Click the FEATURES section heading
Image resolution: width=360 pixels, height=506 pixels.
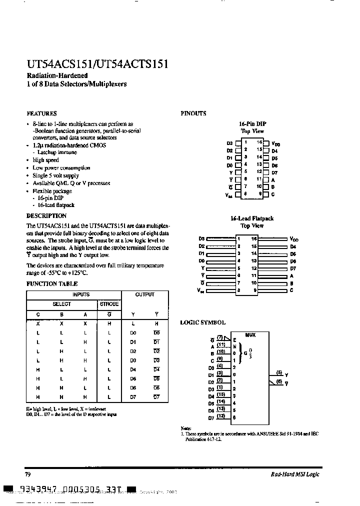41,113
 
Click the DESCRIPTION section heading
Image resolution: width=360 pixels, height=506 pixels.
46,216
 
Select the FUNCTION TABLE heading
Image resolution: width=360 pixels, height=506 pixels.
52,284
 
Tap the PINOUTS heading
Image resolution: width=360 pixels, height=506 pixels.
193,113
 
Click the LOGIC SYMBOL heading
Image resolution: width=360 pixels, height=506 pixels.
202,323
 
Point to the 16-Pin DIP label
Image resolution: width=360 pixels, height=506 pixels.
252,123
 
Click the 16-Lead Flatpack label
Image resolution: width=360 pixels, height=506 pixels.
252,218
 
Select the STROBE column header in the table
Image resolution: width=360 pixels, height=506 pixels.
109,304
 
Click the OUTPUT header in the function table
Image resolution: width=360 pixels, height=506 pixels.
145,295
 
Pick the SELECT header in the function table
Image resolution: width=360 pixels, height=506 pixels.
62,304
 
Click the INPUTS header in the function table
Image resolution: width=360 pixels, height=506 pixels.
81,295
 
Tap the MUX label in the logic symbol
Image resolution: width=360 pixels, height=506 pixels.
250,335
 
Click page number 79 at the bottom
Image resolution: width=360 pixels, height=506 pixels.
28,474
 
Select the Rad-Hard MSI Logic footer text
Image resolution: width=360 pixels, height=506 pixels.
295,474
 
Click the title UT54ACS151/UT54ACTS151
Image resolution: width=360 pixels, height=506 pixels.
97,64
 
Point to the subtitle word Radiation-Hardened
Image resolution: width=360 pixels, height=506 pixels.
56,75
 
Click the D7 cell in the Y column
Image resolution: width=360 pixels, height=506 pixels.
133,396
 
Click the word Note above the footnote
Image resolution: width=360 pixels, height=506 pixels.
186,428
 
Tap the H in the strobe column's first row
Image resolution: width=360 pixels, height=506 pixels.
109,324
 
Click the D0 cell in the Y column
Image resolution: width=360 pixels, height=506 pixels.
133,332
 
